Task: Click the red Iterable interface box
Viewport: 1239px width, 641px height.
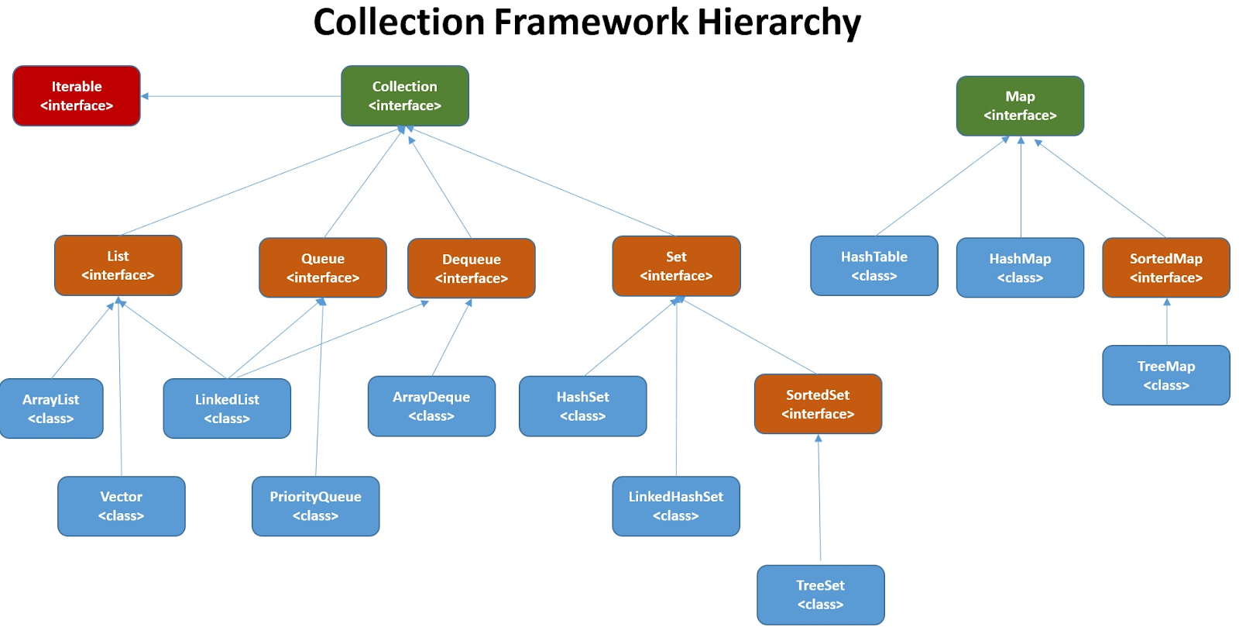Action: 77,96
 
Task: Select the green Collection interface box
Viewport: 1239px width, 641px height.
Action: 405,96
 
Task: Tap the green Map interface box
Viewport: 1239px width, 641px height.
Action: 1020,105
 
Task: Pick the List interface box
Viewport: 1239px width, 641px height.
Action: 118,265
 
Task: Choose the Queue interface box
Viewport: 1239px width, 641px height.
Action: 323,267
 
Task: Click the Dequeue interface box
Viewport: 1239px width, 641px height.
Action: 472,268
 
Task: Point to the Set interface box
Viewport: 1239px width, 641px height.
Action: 676,266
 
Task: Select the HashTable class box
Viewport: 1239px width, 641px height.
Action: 874,266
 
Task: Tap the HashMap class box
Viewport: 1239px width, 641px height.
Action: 1020,267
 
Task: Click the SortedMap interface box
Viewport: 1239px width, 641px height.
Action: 1166,267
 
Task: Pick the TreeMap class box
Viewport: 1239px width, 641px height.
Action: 1166,375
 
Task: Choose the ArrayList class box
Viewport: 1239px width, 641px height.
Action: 51,408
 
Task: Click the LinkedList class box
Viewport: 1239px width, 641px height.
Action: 227,408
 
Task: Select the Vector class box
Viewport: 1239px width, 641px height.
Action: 121,506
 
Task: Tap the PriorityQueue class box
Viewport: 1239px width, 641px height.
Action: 315,506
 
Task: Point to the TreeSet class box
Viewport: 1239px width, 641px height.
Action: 820,595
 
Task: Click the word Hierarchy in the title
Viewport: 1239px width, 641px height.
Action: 779,23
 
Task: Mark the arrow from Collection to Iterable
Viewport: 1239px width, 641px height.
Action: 241,96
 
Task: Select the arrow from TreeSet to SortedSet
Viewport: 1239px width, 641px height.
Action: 819,497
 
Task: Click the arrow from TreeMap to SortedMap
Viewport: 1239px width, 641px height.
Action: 1166,322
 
